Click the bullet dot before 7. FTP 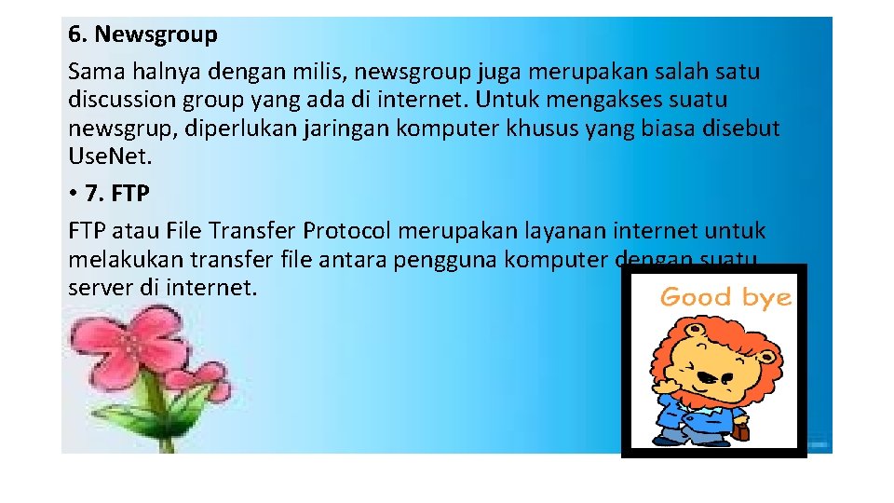coord(73,194)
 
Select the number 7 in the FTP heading coord(91,194)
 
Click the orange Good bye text coord(725,298)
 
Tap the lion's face coord(712,369)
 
